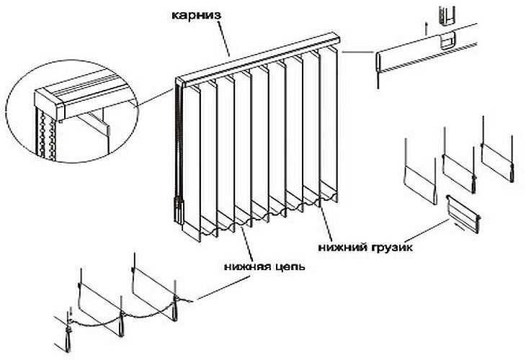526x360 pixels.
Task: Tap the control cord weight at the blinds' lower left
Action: pos(177,212)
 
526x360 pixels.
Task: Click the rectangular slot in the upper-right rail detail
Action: pos(447,41)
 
